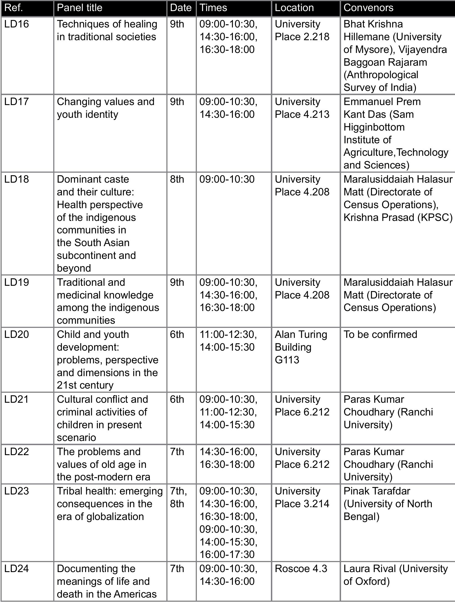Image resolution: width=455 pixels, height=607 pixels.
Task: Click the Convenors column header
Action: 368,8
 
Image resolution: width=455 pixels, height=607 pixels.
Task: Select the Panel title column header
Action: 80,8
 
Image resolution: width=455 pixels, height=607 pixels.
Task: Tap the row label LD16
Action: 17,24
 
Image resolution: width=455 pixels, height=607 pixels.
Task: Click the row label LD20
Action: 17,335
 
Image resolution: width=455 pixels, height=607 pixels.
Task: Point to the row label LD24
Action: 17,569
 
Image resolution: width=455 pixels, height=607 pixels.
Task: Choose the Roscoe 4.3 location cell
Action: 301,569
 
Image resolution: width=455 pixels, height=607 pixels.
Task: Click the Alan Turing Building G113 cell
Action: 301,347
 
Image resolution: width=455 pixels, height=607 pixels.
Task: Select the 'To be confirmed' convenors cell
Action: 380,335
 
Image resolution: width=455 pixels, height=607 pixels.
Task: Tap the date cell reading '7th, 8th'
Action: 178,497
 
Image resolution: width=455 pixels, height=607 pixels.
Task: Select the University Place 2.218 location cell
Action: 302,30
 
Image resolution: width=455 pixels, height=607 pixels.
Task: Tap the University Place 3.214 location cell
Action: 302,497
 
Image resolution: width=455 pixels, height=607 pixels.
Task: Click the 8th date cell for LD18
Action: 177,179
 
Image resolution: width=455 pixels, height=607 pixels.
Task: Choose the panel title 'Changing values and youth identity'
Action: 105,108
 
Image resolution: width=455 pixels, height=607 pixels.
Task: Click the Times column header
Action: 213,8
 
